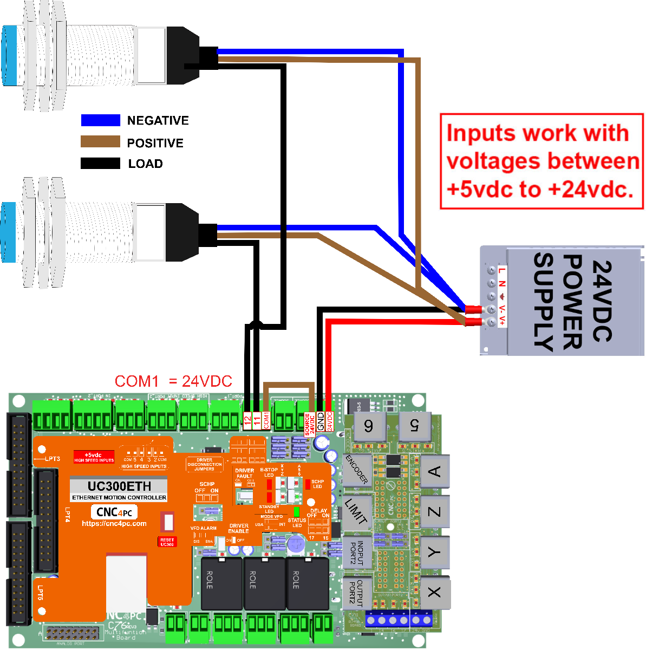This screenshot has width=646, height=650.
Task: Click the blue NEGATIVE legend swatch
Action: pyautogui.click(x=100, y=120)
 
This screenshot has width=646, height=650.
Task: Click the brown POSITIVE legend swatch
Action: pyautogui.click(x=100, y=142)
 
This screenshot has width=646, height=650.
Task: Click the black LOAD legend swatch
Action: pyautogui.click(x=100, y=163)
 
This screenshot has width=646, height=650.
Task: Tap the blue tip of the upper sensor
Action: pyautogui.click(x=9, y=56)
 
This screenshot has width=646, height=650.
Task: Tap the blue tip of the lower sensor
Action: pyautogui.click(x=9, y=232)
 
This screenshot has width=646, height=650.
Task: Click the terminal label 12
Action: pyautogui.click(x=247, y=420)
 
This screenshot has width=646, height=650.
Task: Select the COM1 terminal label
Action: pyautogui.click(x=266, y=420)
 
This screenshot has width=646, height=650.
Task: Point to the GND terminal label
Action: pyautogui.click(x=321, y=421)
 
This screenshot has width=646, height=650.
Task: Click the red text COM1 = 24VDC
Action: pyautogui.click(x=173, y=381)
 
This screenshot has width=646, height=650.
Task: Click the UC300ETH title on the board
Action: pyautogui.click(x=119, y=486)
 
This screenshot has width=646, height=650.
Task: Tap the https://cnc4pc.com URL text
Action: pyautogui.click(x=114, y=524)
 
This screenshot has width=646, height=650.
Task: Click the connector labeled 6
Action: pyautogui.click(x=368, y=426)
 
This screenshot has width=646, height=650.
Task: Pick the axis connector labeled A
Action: pyautogui.click(x=434, y=472)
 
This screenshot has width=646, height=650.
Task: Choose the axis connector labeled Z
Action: pyautogui.click(x=434, y=512)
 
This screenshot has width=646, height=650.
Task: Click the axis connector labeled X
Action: pyautogui.click(x=434, y=591)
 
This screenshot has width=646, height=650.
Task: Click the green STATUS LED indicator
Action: pyautogui.click(x=296, y=511)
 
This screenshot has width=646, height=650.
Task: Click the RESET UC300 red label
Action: pyautogui.click(x=167, y=542)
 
